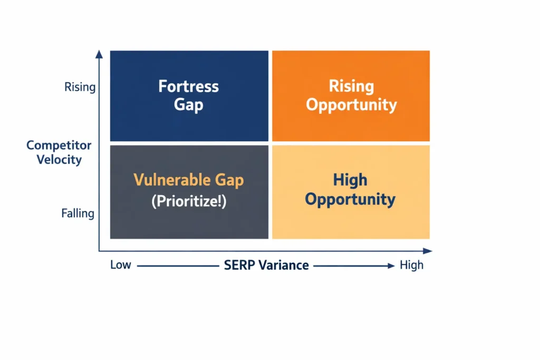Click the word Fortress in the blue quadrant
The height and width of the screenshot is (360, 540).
pos(188,86)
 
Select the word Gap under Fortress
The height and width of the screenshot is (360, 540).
pos(188,105)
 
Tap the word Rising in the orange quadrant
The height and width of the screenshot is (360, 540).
pos(351,86)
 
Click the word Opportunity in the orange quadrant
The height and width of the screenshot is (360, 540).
pos(351,105)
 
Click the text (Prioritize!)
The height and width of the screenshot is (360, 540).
pos(188,201)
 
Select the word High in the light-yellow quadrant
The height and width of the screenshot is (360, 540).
pos(350,180)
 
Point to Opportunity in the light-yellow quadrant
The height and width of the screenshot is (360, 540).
pos(350,200)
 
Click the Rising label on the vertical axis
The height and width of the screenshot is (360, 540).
pos(80,87)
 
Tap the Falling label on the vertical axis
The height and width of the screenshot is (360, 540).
pos(78,213)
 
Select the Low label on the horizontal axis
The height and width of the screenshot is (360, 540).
pos(120,265)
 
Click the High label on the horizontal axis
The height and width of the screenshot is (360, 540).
pos(411,265)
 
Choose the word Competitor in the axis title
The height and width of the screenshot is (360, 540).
pos(59,145)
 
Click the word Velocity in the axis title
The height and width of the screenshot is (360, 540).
pos(59,159)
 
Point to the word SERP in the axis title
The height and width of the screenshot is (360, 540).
pos(239,265)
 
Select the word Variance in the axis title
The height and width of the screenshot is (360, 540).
pos(284,265)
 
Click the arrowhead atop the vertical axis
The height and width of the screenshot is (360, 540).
pos(99,53)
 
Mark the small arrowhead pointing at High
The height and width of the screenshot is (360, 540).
pos(391,266)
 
